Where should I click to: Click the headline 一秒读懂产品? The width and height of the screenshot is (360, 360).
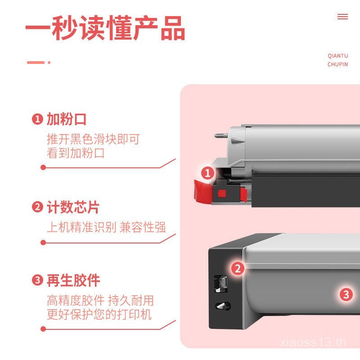point(105,28)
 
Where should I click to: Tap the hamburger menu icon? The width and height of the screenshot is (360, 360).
point(342,17)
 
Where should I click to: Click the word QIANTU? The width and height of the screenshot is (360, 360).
point(338,56)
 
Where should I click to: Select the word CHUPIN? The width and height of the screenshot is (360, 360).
point(338,64)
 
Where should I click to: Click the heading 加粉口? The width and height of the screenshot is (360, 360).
point(67,119)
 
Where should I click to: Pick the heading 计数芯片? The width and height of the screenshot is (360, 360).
point(73,207)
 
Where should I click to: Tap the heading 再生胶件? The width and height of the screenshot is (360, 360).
point(73,280)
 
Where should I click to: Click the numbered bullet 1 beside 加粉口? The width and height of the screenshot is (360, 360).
point(37,119)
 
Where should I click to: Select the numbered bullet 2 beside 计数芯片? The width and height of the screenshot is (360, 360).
point(37,207)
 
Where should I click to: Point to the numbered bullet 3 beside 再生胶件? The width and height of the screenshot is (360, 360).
point(37,280)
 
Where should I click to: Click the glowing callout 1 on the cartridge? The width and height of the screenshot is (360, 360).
point(207,173)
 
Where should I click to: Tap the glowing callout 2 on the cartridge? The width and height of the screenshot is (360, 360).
point(238,268)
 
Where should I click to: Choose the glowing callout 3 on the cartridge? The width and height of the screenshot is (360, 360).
point(346,295)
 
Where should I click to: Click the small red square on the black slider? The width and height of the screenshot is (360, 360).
point(221,193)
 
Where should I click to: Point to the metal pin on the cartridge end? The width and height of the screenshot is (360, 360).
point(221,135)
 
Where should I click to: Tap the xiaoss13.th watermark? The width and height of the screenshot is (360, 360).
point(313,342)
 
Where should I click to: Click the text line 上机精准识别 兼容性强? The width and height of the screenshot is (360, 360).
point(106,227)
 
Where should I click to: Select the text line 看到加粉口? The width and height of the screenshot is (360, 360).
point(76,153)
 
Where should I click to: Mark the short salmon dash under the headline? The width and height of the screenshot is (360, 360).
point(36,63)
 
